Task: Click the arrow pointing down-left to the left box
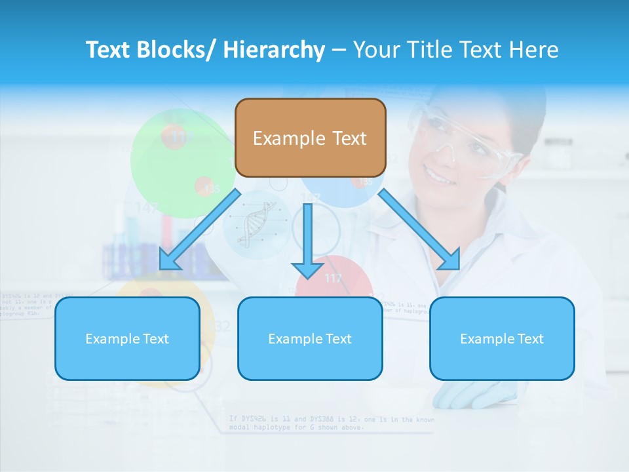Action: [x=200, y=229]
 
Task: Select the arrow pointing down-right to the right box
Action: [x=419, y=229]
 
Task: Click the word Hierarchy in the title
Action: [x=274, y=50]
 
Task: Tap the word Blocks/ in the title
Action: [x=176, y=50]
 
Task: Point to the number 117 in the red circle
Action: [x=334, y=279]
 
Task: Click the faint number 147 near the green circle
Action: [x=147, y=208]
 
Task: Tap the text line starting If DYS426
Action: [x=331, y=419]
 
